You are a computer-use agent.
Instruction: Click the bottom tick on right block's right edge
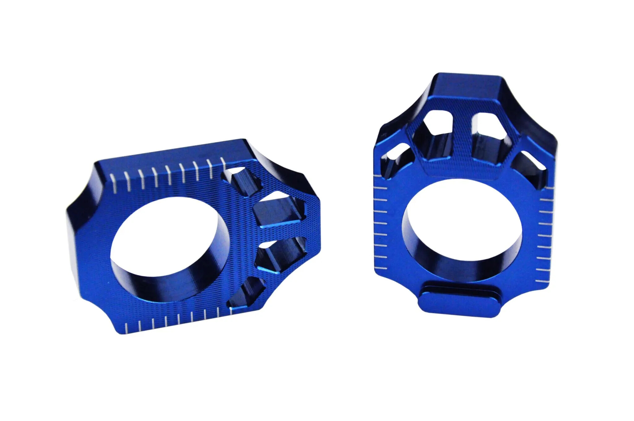[542, 281]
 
